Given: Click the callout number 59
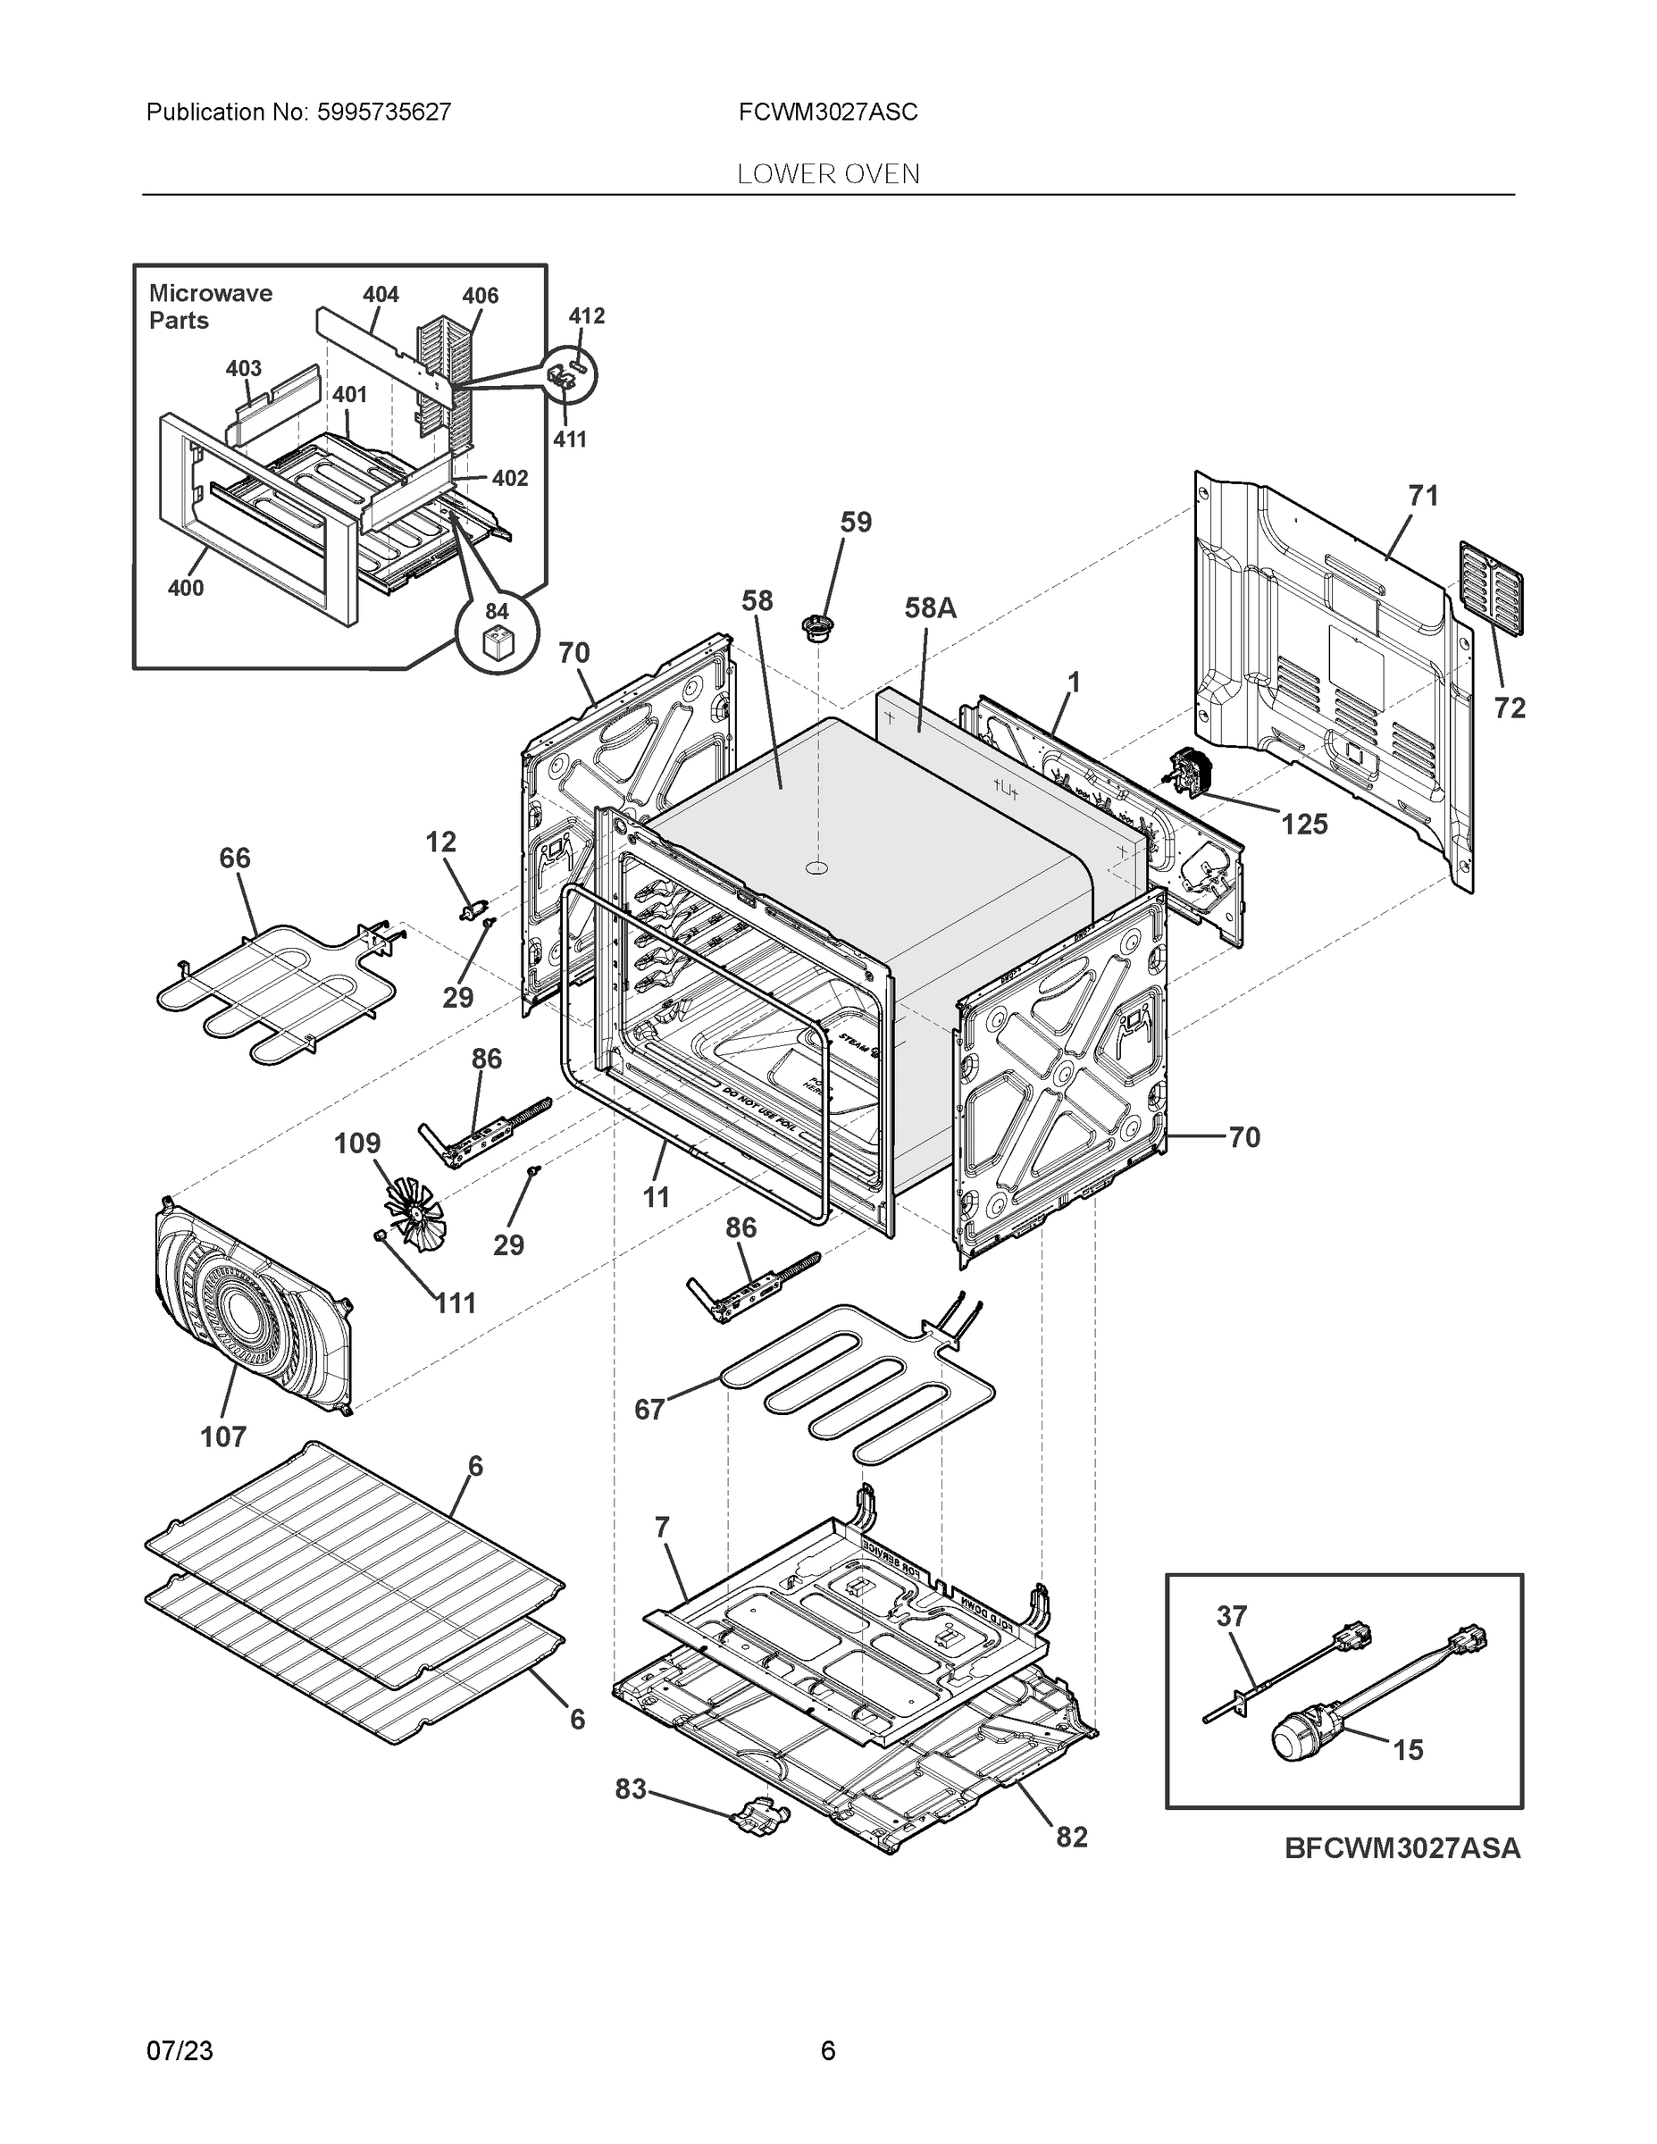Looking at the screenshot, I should [855, 523].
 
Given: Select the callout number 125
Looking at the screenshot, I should [1303, 825].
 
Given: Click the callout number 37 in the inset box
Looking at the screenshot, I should [1231, 1616].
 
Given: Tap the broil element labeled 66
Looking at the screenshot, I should [275, 992].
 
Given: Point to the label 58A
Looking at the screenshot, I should [929, 608].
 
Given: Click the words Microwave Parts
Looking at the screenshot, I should [209, 306].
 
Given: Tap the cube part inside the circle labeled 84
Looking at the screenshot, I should [498, 645].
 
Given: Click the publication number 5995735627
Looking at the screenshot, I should [384, 112].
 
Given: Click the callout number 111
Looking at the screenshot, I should [456, 1303].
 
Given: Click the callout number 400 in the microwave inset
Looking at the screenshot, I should [186, 588].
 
